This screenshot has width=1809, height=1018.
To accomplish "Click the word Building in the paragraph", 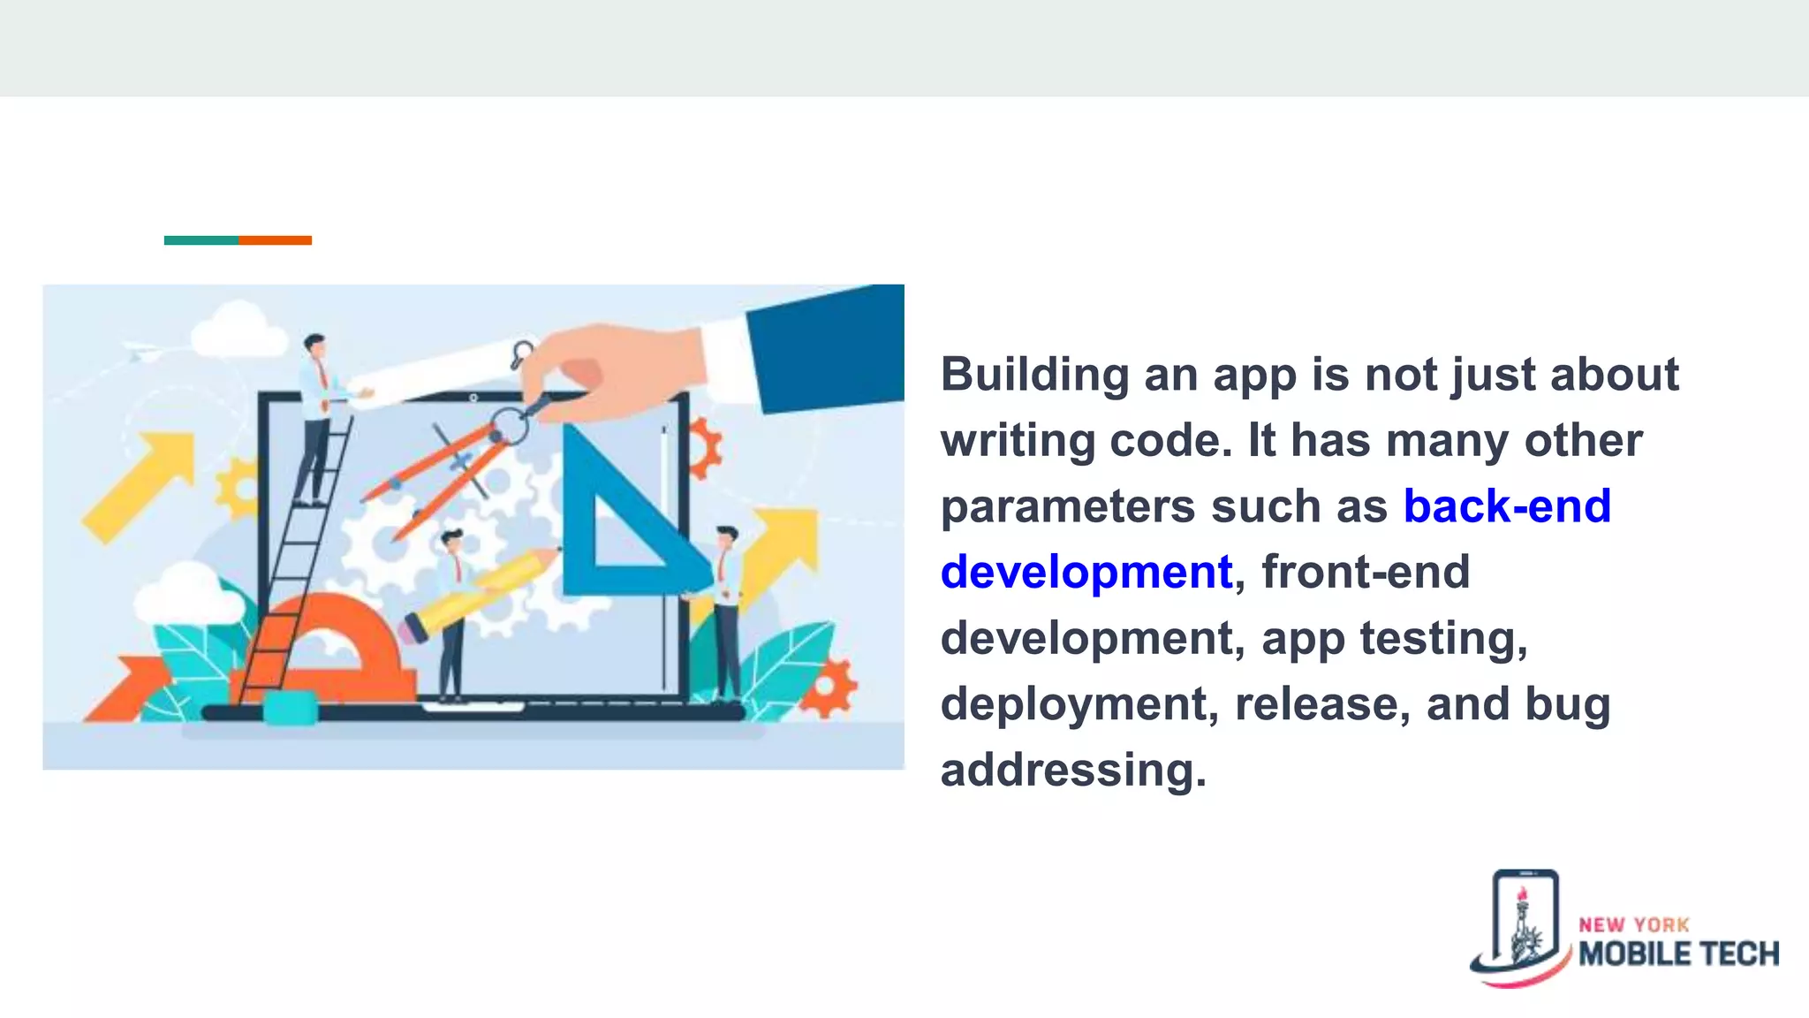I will (1033, 376).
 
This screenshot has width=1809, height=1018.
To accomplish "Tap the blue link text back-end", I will (1507, 506).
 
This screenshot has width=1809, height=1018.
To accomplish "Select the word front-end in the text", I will (1366, 572).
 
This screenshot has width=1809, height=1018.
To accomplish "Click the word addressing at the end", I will (1072, 770).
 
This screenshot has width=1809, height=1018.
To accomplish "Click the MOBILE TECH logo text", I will (1678, 954).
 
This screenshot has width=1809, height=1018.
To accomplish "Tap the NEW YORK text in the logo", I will (1633, 925).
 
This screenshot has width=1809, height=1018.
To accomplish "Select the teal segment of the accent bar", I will (201, 240).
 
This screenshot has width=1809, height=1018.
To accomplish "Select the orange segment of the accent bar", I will (275, 240).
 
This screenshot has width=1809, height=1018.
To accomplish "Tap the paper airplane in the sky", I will (141, 351).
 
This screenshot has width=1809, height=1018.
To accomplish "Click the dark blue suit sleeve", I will (826, 349).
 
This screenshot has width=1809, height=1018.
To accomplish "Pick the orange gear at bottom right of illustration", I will (829, 688).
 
